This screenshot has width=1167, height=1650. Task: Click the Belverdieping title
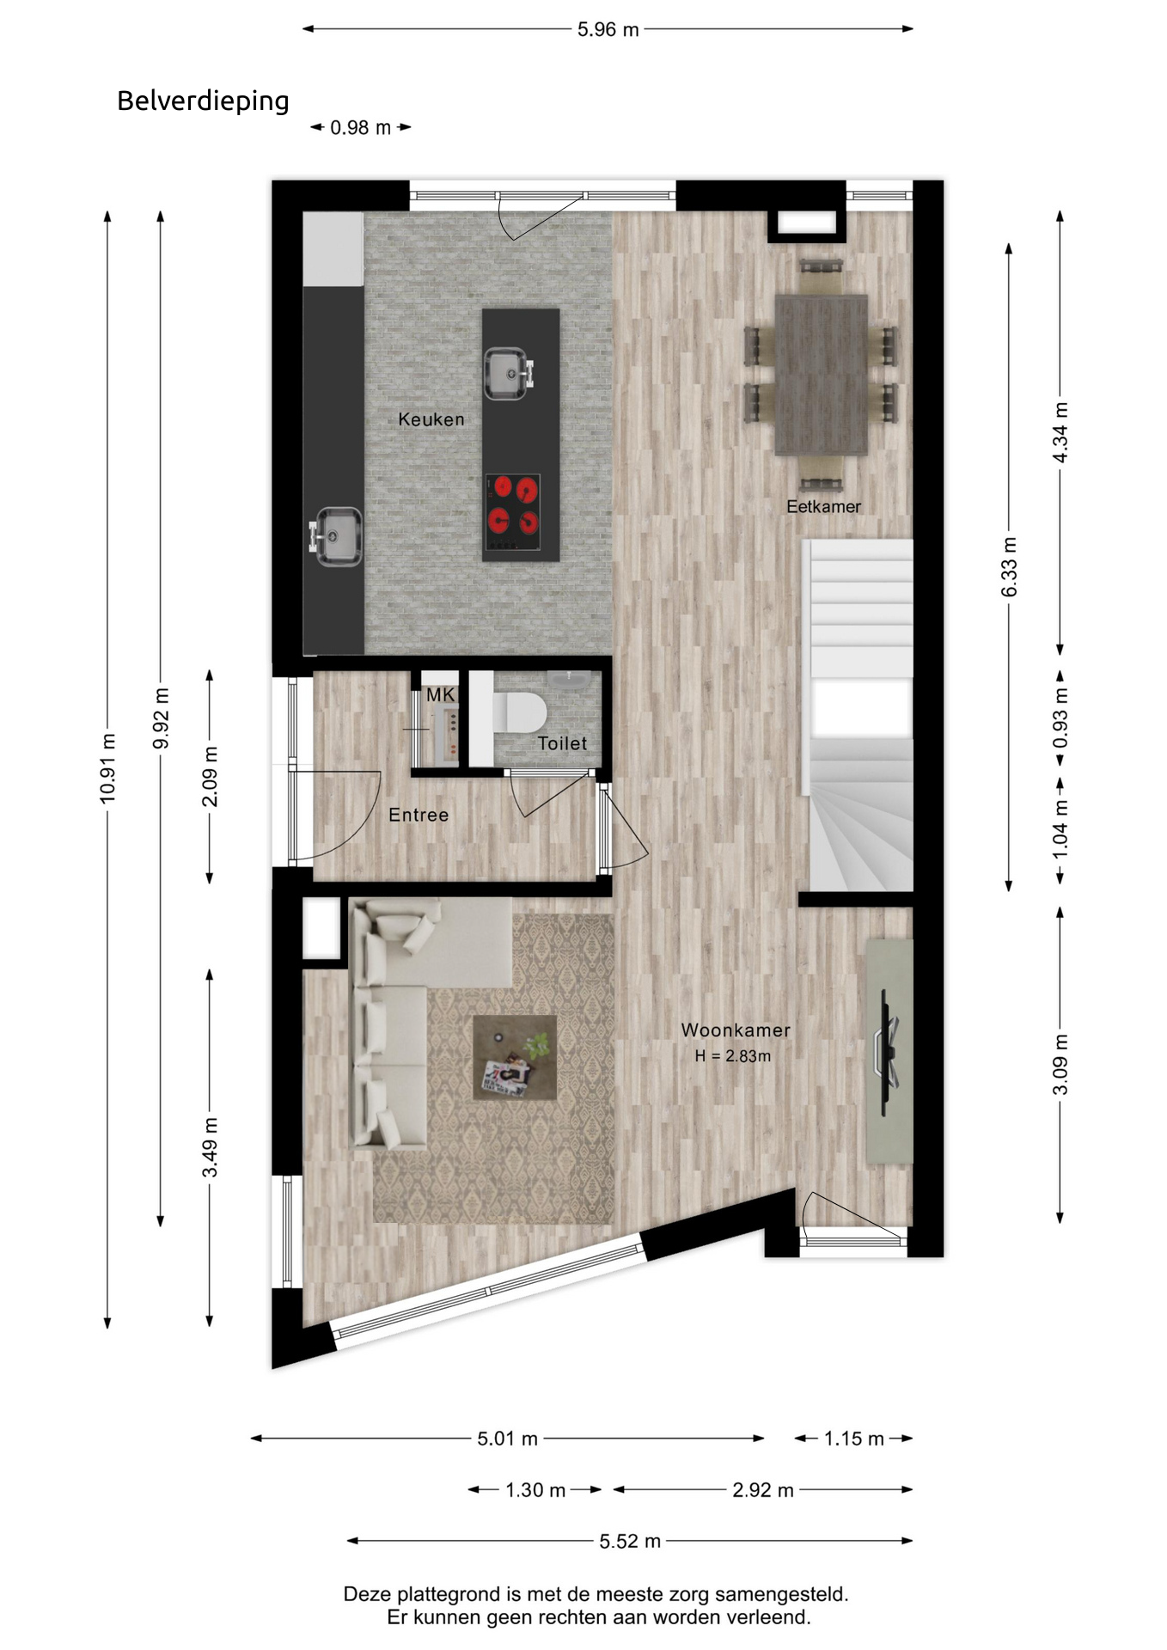pyautogui.click(x=203, y=101)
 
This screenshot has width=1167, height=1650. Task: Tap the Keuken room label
pyautogui.click(x=431, y=419)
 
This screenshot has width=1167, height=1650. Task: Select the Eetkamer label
pyautogui.click(x=823, y=507)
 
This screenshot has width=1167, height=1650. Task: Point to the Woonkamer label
pyautogui.click(x=736, y=1030)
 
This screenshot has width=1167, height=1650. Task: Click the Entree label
pyautogui.click(x=419, y=815)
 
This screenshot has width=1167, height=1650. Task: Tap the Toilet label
pyautogui.click(x=562, y=743)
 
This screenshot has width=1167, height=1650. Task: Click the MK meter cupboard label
pyautogui.click(x=440, y=694)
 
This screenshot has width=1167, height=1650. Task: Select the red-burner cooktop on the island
pyautogui.click(x=513, y=512)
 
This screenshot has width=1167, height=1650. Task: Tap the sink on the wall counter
pyautogui.click(x=336, y=536)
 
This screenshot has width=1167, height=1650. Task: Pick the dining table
pyautogui.click(x=821, y=375)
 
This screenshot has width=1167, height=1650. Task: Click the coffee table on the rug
pyautogui.click(x=515, y=1057)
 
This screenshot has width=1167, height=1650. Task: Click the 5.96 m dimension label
pyautogui.click(x=608, y=29)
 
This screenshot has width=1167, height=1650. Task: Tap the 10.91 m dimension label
pyautogui.click(x=107, y=768)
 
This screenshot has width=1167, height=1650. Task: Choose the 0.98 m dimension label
pyautogui.click(x=361, y=127)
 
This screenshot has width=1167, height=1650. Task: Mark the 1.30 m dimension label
pyautogui.click(x=535, y=1489)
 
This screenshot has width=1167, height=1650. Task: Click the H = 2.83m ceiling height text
pyautogui.click(x=733, y=1056)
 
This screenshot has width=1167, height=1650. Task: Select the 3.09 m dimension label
pyautogui.click(x=1060, y=1065)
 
